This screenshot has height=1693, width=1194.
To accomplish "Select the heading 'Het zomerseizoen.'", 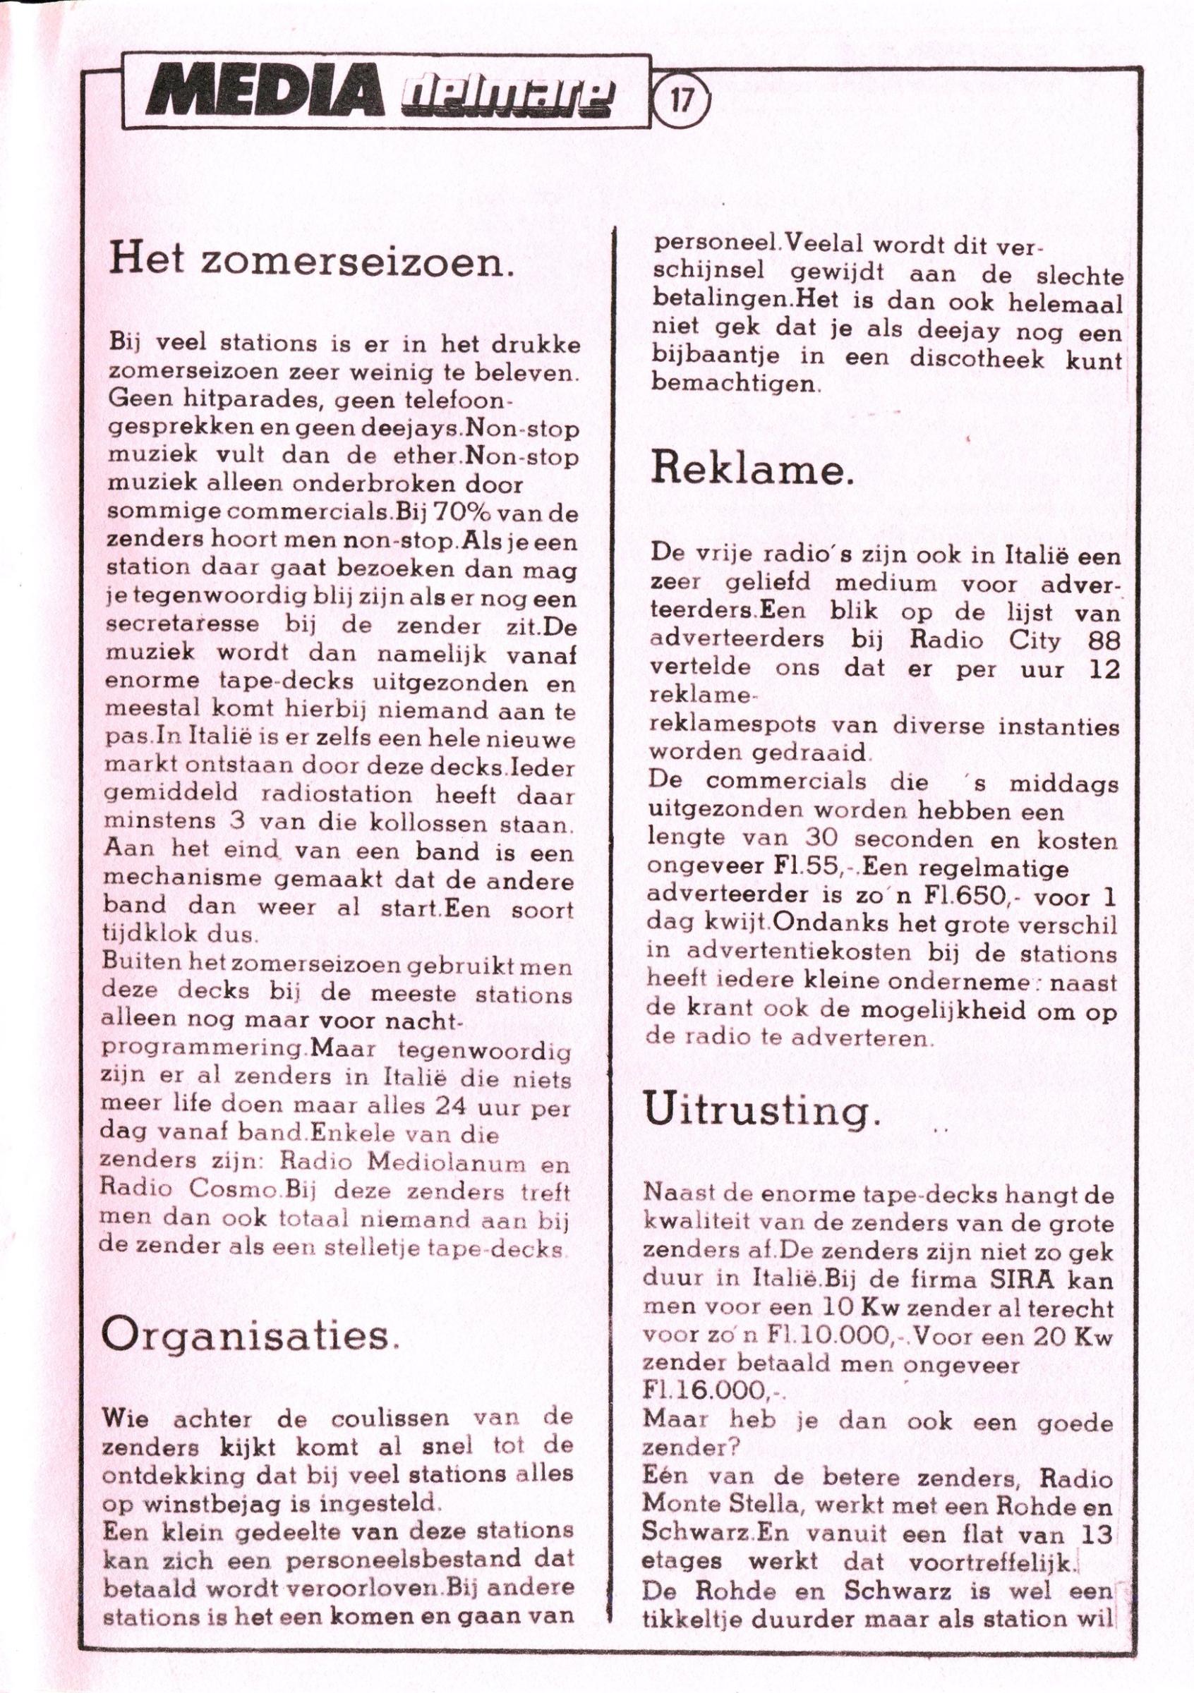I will coord(309,262).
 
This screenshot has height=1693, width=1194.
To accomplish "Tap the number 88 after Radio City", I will coord(1103,639).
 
